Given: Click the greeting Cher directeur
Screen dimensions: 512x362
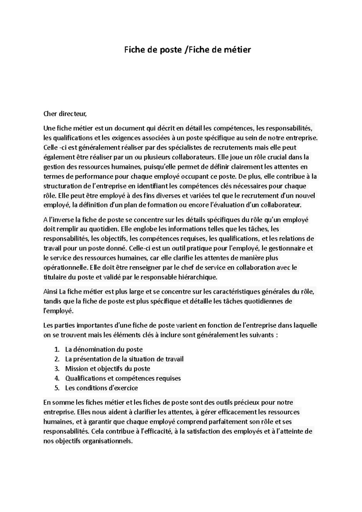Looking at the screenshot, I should (65, 114).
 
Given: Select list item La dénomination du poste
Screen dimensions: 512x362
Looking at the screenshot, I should (104, 349).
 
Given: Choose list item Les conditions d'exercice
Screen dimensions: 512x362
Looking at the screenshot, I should (101, 388).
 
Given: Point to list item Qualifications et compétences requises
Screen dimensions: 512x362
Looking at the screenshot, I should (123, 378).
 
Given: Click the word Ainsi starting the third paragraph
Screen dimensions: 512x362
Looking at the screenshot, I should (50, 292).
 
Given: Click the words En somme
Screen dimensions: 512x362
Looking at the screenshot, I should (59, 403).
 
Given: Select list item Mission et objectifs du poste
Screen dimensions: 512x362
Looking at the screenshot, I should (107, 369).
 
